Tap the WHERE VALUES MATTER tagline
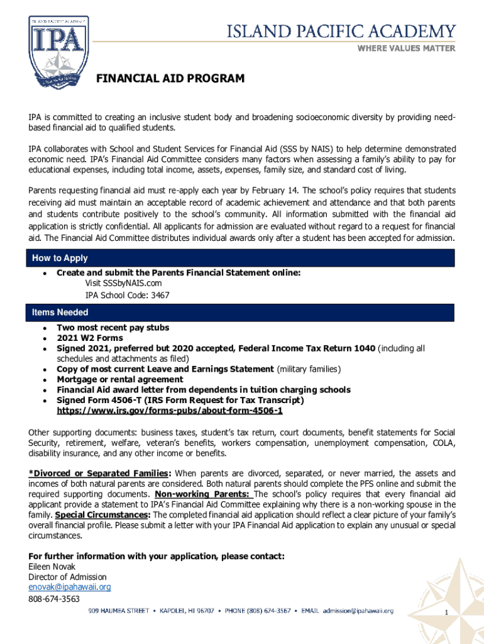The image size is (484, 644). [x=406, y=48]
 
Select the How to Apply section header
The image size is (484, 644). [x=60, y=258]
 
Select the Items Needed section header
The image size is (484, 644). [x=60, y=313]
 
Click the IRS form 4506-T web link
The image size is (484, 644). [x=170, y=411]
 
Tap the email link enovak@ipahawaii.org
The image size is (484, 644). [x=69, y=587]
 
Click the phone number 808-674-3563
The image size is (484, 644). [x=54, y=599]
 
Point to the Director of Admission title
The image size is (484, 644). [x=67, y=577]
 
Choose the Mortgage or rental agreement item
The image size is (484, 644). [x=119, y=379]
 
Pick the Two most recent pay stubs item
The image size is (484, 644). [x=113, y=328]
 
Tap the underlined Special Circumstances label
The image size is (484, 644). [x=102, y=514]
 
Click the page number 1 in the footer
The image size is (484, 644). [x=446, y=613]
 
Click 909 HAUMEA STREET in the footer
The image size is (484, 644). [x=118, y=610]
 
